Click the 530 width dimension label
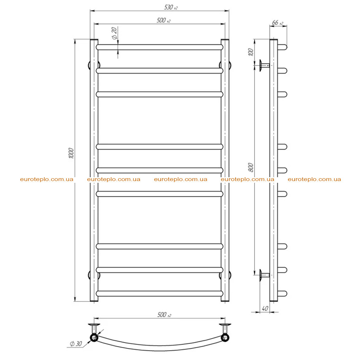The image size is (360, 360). click(x=171, y=7)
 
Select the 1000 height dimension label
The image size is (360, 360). click(x=71, y=153)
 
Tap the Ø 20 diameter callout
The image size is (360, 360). click(x=114, y=33)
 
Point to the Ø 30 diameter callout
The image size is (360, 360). click(x=76, y=344)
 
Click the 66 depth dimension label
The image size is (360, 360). click(x=278, y=23)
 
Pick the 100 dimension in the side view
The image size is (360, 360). click(x=251, y=52)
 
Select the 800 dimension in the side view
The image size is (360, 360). click(x=251, y=167)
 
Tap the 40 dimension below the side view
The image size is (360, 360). click(x=265, y=308)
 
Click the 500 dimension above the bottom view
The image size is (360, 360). click(x=164, y=315)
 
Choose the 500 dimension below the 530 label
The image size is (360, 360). click(x=163, y=20)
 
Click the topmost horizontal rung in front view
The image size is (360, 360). click(x=160, y=47)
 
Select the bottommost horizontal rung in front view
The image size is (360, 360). click(x=160, y=294)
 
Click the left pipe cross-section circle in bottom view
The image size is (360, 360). click(x=94, y=338)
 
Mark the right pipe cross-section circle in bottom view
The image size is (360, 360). click(x=225, y=338)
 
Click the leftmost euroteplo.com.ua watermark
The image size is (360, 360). click(x=47, y=179)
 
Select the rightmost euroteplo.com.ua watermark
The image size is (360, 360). click(x=314, y=179)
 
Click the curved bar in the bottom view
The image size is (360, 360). click(x=160, y=348)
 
